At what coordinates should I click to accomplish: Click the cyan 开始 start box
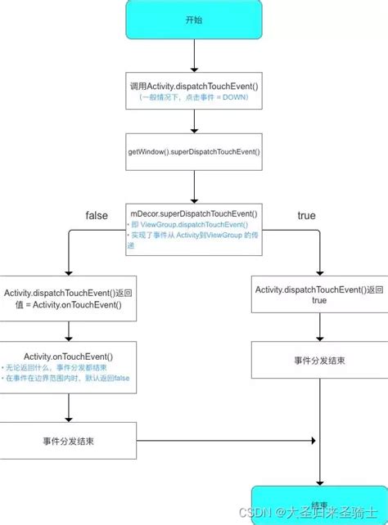(x=194, y=20)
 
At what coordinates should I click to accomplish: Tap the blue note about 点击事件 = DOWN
(x=194, y=97)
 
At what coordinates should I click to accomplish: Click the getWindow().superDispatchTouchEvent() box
(x=194, y=152)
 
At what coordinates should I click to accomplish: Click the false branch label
(x=97, y=215)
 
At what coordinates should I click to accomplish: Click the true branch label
(x=305, y=215)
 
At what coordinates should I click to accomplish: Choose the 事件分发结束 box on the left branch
(x=68, y=442)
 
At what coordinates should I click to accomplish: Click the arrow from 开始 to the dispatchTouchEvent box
(x=194, y=55)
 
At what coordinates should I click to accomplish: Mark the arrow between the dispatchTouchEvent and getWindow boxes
(x=194, y=121)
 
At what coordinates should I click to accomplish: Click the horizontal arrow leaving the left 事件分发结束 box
(x=221, y=442)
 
